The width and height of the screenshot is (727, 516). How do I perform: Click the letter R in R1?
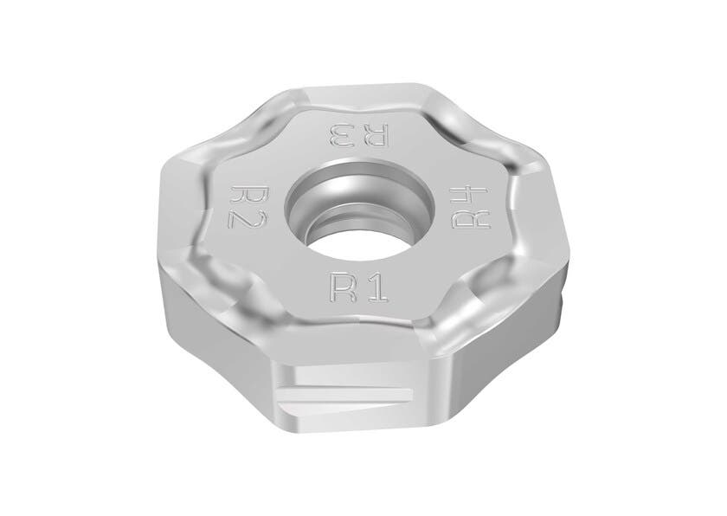[338, 284]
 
